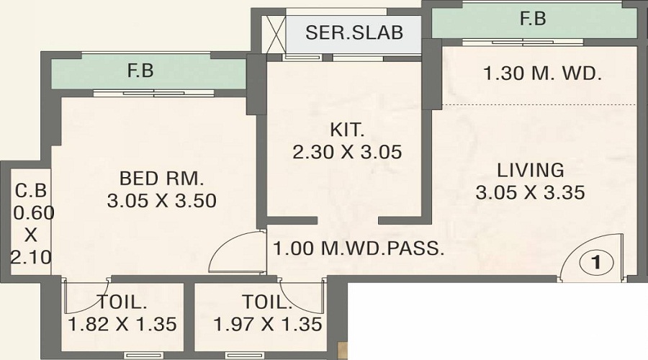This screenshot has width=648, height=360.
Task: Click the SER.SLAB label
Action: click(354, 33)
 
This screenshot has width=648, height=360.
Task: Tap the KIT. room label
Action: click(348, 131)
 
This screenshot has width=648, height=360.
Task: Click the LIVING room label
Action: click(530, 171)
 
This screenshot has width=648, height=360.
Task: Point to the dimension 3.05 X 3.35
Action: click(530, 193)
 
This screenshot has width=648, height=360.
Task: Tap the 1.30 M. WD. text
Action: click(542, 73)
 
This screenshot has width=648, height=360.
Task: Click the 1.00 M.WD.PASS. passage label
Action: click(358, 249)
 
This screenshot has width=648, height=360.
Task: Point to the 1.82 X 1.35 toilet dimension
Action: click(122, 325)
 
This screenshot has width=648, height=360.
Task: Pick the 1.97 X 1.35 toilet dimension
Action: click(268, 325)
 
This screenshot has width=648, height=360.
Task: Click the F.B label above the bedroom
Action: click(140, 71)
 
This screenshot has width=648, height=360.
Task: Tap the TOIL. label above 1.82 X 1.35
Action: click(121, 302)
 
